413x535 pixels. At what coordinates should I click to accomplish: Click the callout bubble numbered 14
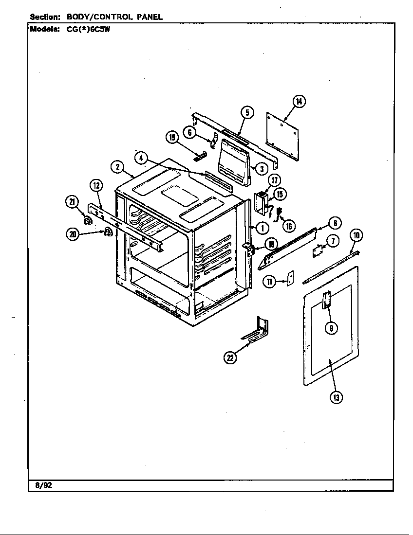299,101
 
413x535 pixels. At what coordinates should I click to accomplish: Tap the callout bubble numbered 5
247,113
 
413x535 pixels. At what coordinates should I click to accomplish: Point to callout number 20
74,234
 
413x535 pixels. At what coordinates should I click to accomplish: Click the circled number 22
230,358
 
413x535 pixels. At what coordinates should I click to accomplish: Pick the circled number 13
336,397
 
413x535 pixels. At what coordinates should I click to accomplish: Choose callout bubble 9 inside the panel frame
331,328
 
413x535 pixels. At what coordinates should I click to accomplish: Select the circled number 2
117,167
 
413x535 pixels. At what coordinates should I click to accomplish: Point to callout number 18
270,245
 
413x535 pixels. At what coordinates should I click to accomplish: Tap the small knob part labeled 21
88,222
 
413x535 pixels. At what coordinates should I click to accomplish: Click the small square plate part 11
290,279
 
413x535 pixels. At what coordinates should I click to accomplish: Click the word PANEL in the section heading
150,17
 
